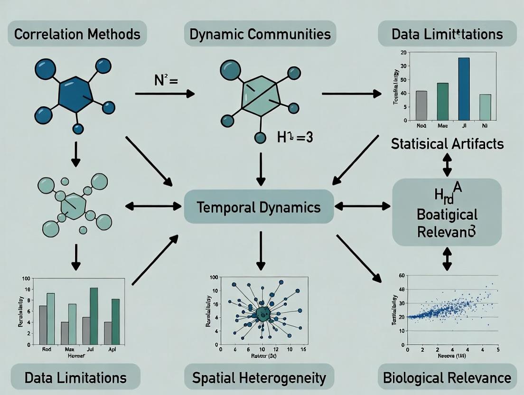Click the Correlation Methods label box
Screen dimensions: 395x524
pyautogui.click(x=77, y=34)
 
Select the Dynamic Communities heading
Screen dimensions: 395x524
pyautogui.click(x=260, y=34)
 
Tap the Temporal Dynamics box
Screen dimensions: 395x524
pyautogui.click(x=259, y=207)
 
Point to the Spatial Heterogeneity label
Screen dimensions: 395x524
pyautogui.click(x=259, y=378)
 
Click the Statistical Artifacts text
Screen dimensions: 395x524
pyautogui.click(x=447, y=143)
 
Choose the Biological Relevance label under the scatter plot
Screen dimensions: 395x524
pyautogui.click(x=447, y=378)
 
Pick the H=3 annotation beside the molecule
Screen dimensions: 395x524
pyautogui.click(x=294, y=139)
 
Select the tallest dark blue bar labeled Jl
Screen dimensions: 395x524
pyautogui.click(x=464, y=89)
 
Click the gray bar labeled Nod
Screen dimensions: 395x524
pyautogui.click(x=421, y=105)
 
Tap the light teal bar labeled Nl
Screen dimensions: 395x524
pyautogui.click(x=485, y=107)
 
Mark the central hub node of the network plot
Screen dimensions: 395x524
pyautogui.click(x=262, y=313)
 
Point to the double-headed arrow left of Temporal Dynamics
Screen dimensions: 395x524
pyautogui.click(x=153, y=206)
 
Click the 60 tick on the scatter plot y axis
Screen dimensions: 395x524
pyautogui.click(x=402, y=275)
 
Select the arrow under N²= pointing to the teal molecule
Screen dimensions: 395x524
pyautogui.click(x=164, y=94)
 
